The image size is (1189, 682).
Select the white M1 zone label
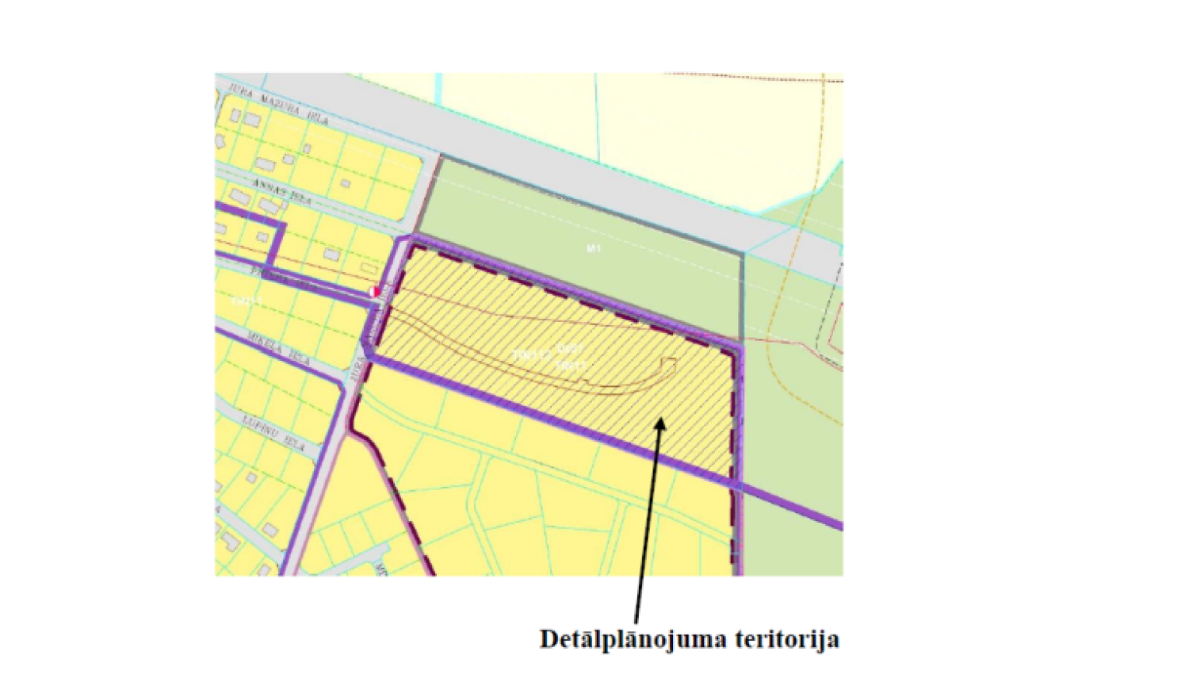(x=594, y=249)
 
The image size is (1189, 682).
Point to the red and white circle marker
(x=374, y=293)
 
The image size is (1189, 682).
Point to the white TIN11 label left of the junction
(x=247, y=302)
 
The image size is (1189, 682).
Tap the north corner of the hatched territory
(x=412, y=243)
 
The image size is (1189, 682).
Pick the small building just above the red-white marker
(x=369, y=270)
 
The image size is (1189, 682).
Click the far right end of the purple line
(x=840, y=525)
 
